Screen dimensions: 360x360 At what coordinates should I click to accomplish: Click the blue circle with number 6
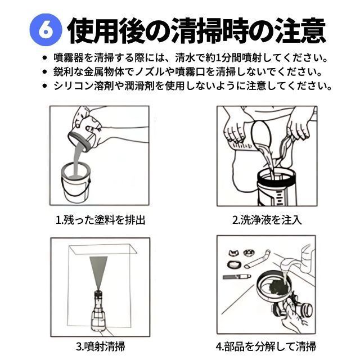pos(46,30)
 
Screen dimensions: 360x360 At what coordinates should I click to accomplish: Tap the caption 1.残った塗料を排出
pos(101,220)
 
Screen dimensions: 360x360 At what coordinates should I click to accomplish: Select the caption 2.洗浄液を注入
pos(267,220)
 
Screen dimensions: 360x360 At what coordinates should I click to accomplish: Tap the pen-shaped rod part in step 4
pos(237,277)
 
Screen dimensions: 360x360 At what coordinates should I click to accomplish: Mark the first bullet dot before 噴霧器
pos(44,58)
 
